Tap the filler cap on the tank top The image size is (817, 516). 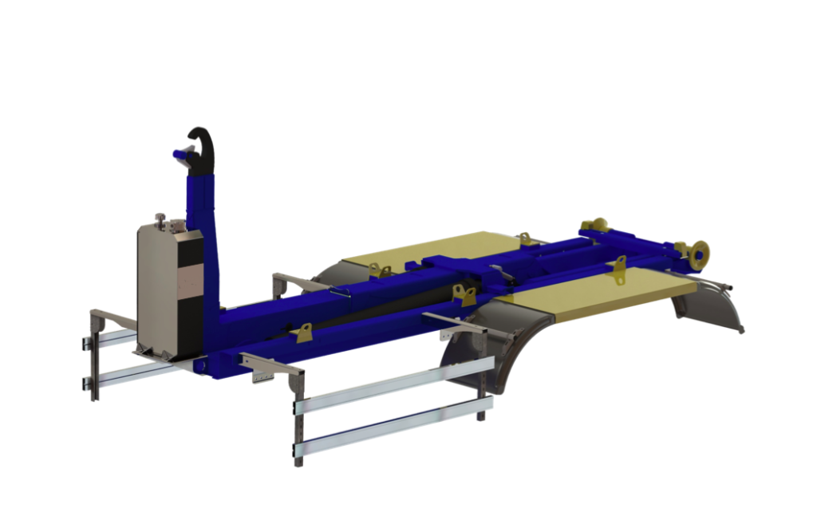point(160,218)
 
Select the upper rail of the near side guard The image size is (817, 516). point(391,387)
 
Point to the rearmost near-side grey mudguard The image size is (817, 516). point(710,307)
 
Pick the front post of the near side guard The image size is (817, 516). point(298,415)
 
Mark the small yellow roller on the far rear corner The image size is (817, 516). point(594,226)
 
